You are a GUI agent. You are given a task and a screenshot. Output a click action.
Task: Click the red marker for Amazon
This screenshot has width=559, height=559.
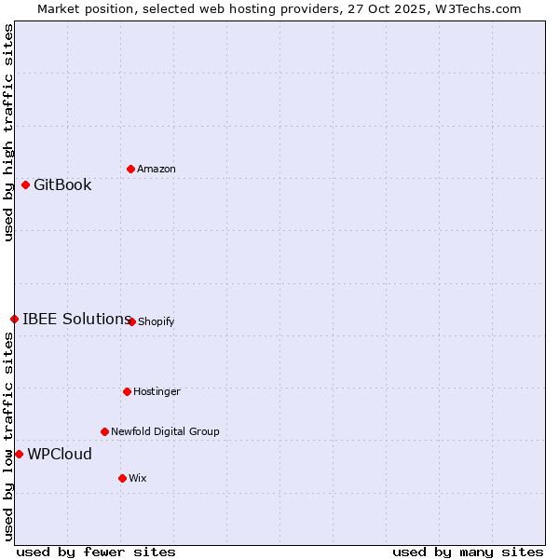coord(130,169)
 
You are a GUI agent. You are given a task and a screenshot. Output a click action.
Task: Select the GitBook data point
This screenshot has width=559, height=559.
coord(25,184)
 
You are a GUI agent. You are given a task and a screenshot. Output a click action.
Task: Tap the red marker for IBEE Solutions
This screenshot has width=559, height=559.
coord(14,319)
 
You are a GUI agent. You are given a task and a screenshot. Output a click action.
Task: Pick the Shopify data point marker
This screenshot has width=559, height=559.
coord(131,321)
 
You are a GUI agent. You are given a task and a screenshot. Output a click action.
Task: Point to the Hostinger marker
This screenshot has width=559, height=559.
coord(127,391)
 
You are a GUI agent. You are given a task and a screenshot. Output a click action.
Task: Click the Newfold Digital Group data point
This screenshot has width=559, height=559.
coord(104,431)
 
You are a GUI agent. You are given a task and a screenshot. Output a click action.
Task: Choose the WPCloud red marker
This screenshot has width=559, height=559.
coord(19,454)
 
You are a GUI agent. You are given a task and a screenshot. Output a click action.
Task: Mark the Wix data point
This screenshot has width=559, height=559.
coord(122,478)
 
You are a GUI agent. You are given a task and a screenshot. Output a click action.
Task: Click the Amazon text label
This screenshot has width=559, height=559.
coord(157,169)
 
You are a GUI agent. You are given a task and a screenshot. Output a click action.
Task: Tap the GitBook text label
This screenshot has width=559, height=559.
coord(62,184)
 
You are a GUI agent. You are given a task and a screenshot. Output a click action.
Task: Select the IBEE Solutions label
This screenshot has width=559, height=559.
coord(76,319)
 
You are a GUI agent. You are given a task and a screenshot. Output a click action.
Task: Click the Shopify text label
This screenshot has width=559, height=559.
coord(156,321)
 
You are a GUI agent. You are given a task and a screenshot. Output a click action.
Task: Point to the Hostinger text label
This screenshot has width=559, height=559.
coord(157,391)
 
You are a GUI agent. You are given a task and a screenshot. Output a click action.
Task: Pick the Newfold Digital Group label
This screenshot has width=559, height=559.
coord(165,431)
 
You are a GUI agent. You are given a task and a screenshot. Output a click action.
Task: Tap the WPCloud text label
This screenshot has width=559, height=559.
coord(60,454)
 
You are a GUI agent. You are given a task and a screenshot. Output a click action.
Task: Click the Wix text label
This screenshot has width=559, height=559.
coord(138,478)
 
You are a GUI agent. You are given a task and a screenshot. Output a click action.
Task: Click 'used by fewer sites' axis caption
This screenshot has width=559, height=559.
coord(96,552)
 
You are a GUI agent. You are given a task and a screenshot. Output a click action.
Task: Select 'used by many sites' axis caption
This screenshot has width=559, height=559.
coord(468,552)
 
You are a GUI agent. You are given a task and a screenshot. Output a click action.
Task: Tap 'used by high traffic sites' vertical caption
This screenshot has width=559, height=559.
coord(8,132)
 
